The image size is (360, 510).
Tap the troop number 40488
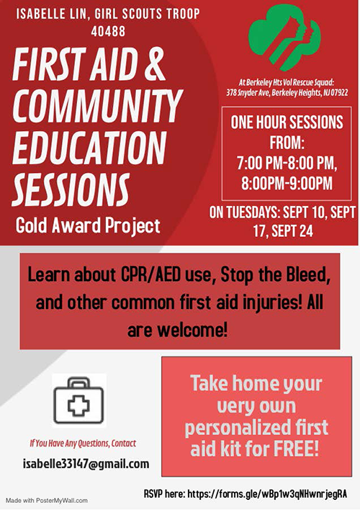coord(108,32)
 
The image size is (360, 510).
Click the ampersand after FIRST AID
coord(153,63)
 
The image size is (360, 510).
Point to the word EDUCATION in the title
coord(89,148)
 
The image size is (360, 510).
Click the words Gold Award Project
coord(88,225)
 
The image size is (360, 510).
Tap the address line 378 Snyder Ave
coord(287,93)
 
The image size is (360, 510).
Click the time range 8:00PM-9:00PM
coord(287,183)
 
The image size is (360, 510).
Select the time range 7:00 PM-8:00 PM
coord(287,163)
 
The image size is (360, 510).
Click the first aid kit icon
coord(79,401)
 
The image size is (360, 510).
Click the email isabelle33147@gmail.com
coord(86,463)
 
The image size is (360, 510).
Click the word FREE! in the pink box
coord(296,449)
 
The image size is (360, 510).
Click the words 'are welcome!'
coord(177,330)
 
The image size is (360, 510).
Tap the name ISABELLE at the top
coord(37,14)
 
